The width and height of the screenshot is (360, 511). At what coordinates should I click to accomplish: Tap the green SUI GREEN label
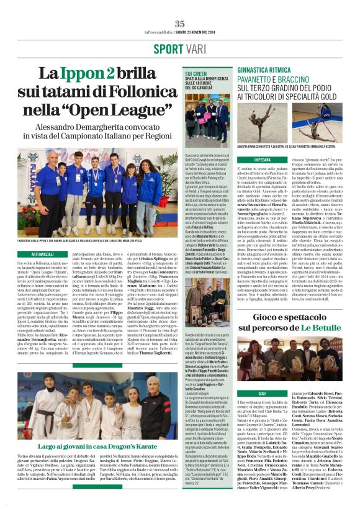tap(196, 73)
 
